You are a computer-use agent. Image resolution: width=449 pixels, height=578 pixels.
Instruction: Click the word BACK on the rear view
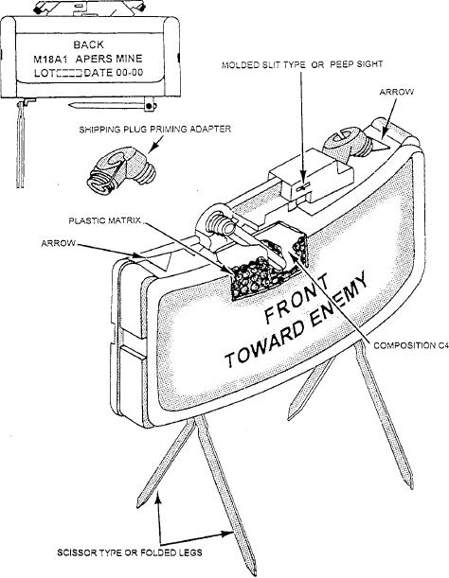pos(89,44)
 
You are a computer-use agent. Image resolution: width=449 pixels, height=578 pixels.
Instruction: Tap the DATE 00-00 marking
pos(114,73)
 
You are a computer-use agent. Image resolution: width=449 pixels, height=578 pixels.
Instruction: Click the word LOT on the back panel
pos(42,73)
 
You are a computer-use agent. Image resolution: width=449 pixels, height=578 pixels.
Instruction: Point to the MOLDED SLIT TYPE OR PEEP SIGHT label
pos(302,64)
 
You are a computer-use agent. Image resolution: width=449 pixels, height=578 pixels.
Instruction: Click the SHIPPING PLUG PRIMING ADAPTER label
pos(155,130)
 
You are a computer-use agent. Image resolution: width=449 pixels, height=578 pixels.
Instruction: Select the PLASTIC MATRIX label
pos(105,220)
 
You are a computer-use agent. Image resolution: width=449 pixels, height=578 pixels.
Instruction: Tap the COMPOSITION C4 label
pos(411,345)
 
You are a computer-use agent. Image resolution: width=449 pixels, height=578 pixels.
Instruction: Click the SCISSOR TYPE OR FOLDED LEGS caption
pos(130,552)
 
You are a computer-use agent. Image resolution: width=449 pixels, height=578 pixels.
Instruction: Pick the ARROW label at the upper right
pos(397,92)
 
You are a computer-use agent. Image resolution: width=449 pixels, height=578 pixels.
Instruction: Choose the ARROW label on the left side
pos(59,243)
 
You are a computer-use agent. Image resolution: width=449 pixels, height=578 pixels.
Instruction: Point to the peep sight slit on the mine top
pos(303,187)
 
